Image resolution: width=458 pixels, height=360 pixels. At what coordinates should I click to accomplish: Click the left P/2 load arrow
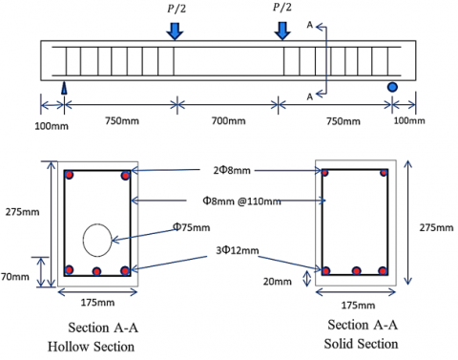(175, 32)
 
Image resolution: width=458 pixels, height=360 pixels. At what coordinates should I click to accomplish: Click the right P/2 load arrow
(282, 31)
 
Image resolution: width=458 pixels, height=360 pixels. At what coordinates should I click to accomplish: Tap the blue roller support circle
(392, 87)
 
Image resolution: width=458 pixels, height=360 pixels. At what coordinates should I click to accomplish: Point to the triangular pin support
(64, 88)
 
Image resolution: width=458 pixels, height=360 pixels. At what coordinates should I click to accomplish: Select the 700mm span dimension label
(228, 121)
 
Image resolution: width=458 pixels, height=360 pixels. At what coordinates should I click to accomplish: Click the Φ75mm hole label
(191, 227)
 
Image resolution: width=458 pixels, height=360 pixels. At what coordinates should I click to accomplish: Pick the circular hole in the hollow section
(97, 240)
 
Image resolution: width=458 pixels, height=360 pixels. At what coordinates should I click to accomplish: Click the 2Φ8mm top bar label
(232, 170)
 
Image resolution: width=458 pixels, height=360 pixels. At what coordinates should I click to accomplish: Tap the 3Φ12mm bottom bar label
(238, 250)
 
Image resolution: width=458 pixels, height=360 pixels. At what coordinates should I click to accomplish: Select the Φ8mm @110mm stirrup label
(241, 201)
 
